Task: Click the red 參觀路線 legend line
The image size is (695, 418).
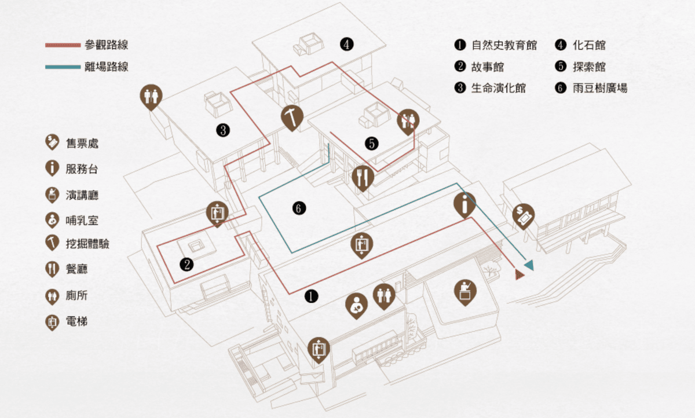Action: click(63, 45)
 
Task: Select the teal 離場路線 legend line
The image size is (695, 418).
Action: click(63, 67)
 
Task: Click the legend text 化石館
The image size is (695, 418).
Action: click(589, 45)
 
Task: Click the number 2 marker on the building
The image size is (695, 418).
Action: click(186, 265)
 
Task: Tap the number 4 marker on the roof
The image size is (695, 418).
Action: click(346, 44)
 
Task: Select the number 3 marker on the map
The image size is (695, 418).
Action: click(222, 130)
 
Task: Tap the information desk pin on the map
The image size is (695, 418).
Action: click(464, 204)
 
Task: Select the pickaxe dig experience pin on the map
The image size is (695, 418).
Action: click(292, 116)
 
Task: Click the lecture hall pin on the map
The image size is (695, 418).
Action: click(465, 291)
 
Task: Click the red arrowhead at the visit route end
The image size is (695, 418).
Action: click(520, 274)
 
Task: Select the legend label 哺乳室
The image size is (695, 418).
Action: click(82, 220)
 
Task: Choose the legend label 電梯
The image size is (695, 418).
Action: click(76, 321)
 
